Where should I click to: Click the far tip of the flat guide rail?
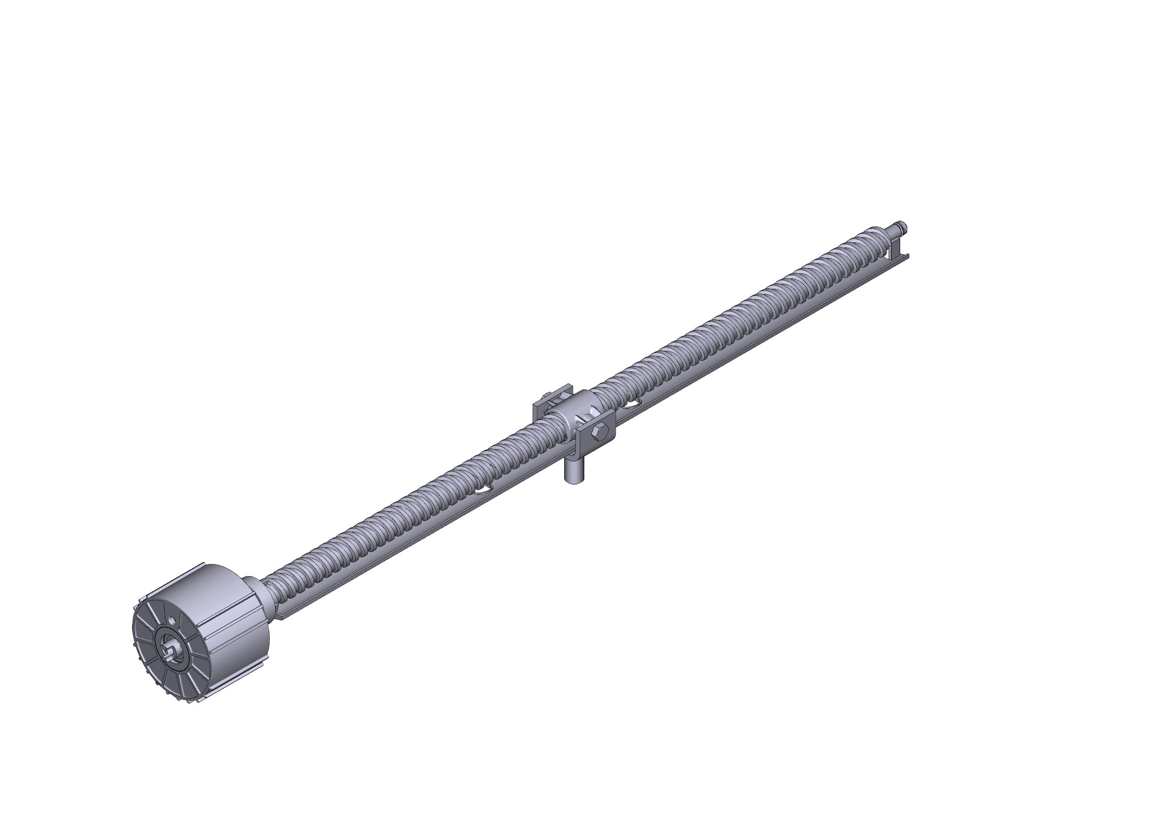(907, 256)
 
